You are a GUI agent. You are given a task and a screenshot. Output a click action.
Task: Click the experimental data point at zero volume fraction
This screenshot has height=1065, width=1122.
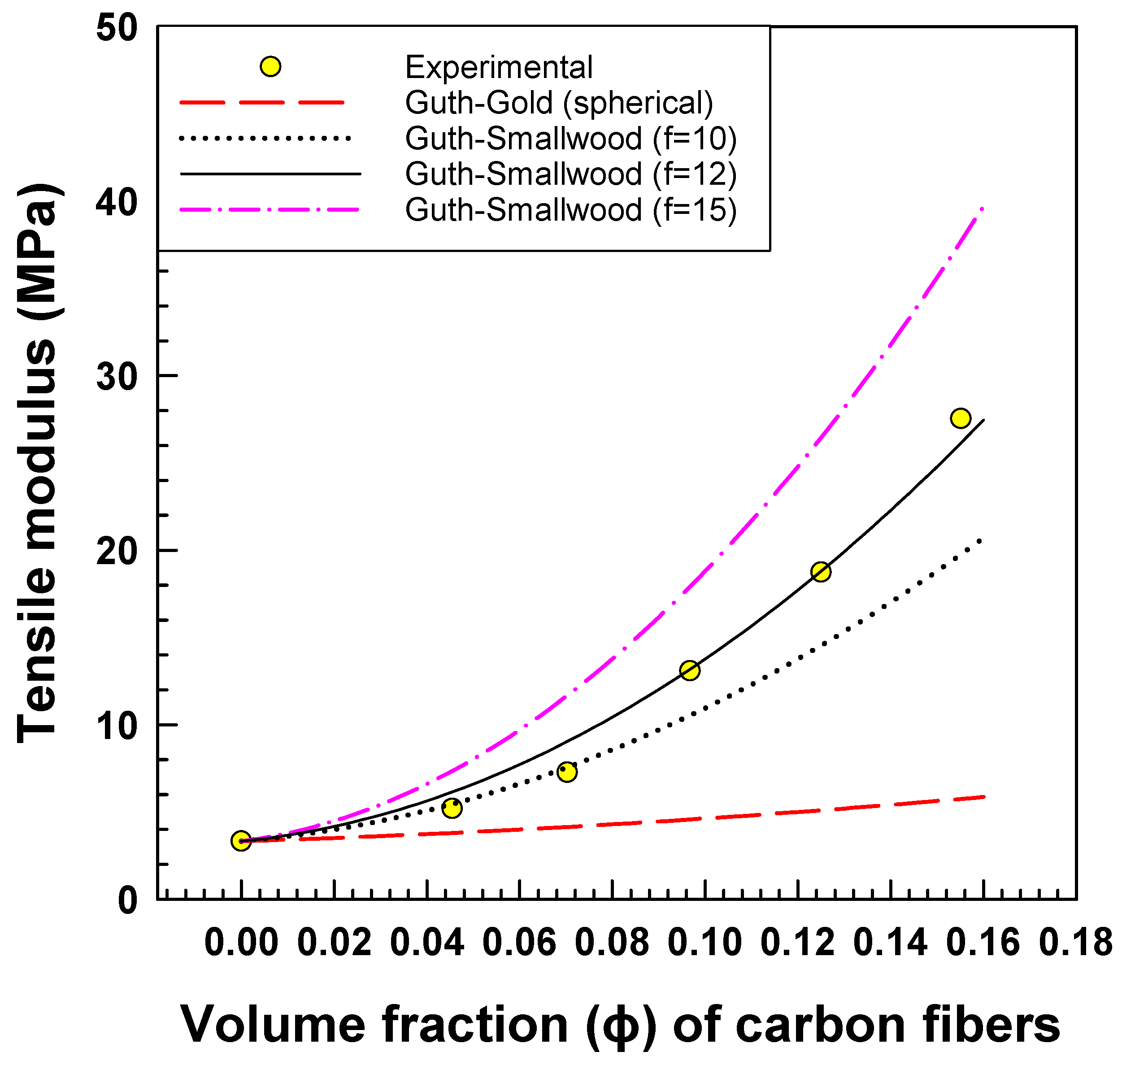point(241,841)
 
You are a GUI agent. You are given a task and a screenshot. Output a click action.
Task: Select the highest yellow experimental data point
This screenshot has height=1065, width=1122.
point(960,418)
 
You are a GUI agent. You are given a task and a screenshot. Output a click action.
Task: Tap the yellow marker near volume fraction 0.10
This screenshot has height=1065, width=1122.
point(689,670)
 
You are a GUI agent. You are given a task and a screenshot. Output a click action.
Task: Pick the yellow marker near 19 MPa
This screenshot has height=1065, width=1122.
point(821,572)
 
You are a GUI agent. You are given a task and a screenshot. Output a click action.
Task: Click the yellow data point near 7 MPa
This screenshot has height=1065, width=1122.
point(567,772)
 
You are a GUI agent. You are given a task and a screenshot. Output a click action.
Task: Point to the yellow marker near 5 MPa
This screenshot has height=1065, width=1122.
point(452,808)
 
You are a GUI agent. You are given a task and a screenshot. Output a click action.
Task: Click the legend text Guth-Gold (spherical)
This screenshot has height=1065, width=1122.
point(559,103)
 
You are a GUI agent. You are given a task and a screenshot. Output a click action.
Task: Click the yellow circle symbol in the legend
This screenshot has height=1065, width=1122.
point(270,67)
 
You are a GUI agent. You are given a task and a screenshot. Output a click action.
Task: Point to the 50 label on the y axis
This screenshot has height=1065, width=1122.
point(117,27)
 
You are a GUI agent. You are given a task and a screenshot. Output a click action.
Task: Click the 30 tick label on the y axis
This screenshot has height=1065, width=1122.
point(117,376)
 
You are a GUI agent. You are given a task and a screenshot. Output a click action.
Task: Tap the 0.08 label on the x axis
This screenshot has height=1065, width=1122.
point(612,943)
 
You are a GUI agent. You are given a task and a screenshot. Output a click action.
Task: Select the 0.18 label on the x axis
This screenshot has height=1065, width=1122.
point(1075,943)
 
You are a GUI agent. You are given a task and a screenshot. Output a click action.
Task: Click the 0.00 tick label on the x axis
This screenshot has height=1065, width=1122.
point(241,943)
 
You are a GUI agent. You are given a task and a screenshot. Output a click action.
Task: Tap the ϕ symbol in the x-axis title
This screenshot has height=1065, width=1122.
point(620,1026)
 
